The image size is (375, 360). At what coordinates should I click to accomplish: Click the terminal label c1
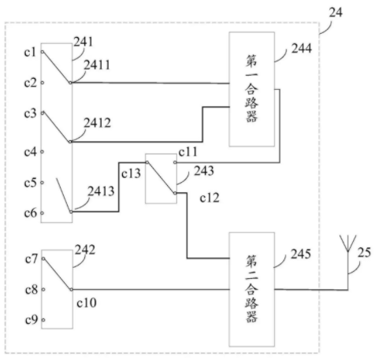click(30, 52)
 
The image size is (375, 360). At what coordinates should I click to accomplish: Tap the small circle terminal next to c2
click(42, 83)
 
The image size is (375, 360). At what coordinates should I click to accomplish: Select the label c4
click(30, 152)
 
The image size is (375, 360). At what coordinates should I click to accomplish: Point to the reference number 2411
click(97, 65)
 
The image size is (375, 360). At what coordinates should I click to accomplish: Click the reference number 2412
click(98, 123)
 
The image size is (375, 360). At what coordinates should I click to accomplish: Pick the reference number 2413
click(101, 191)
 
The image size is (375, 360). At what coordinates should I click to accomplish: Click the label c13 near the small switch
click(131, 173)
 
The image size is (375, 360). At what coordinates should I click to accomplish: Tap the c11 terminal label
click(187, 152)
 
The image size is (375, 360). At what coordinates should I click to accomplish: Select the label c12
click(210, 198)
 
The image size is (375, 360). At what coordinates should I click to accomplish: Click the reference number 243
click(204, 171)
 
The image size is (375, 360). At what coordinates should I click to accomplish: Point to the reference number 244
click(302, 49)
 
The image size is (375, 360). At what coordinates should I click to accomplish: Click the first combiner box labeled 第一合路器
click(252, 89)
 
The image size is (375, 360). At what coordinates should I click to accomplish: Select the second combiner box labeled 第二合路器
click(252, 289)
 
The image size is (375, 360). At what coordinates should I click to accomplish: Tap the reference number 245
click(301, 254)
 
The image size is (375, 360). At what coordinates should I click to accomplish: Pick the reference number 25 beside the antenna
click(364, 252)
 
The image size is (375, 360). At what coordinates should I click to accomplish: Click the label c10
click(87, 302)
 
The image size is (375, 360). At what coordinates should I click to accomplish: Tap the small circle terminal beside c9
click(43, 320)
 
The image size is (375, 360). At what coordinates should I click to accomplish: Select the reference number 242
click(85, 250)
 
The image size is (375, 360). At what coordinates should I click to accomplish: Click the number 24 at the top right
click(336, 13)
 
